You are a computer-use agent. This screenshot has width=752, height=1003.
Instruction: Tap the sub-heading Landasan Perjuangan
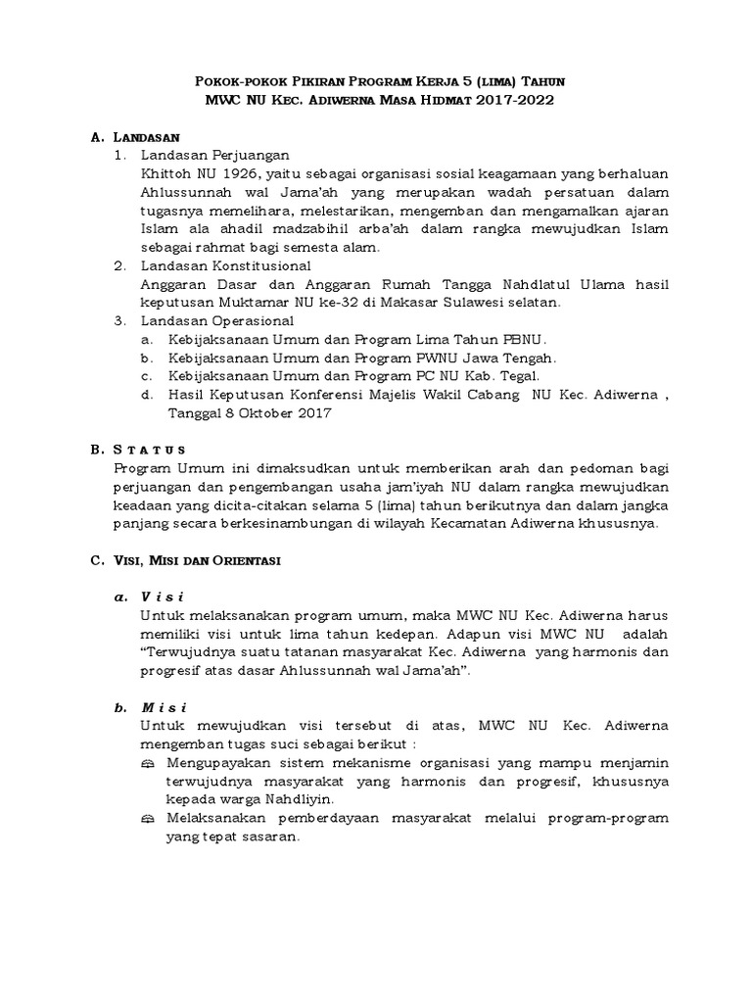tap(214, 155)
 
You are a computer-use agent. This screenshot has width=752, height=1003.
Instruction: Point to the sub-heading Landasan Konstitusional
tap(226, 265)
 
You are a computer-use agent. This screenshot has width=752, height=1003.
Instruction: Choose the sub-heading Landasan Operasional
tap(216, 320)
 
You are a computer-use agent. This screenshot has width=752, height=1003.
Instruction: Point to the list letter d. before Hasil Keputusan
tap(146, 395)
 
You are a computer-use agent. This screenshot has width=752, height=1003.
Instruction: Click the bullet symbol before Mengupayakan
tap(148, 762)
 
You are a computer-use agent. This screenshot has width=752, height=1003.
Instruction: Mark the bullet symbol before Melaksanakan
tap(148, 818)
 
